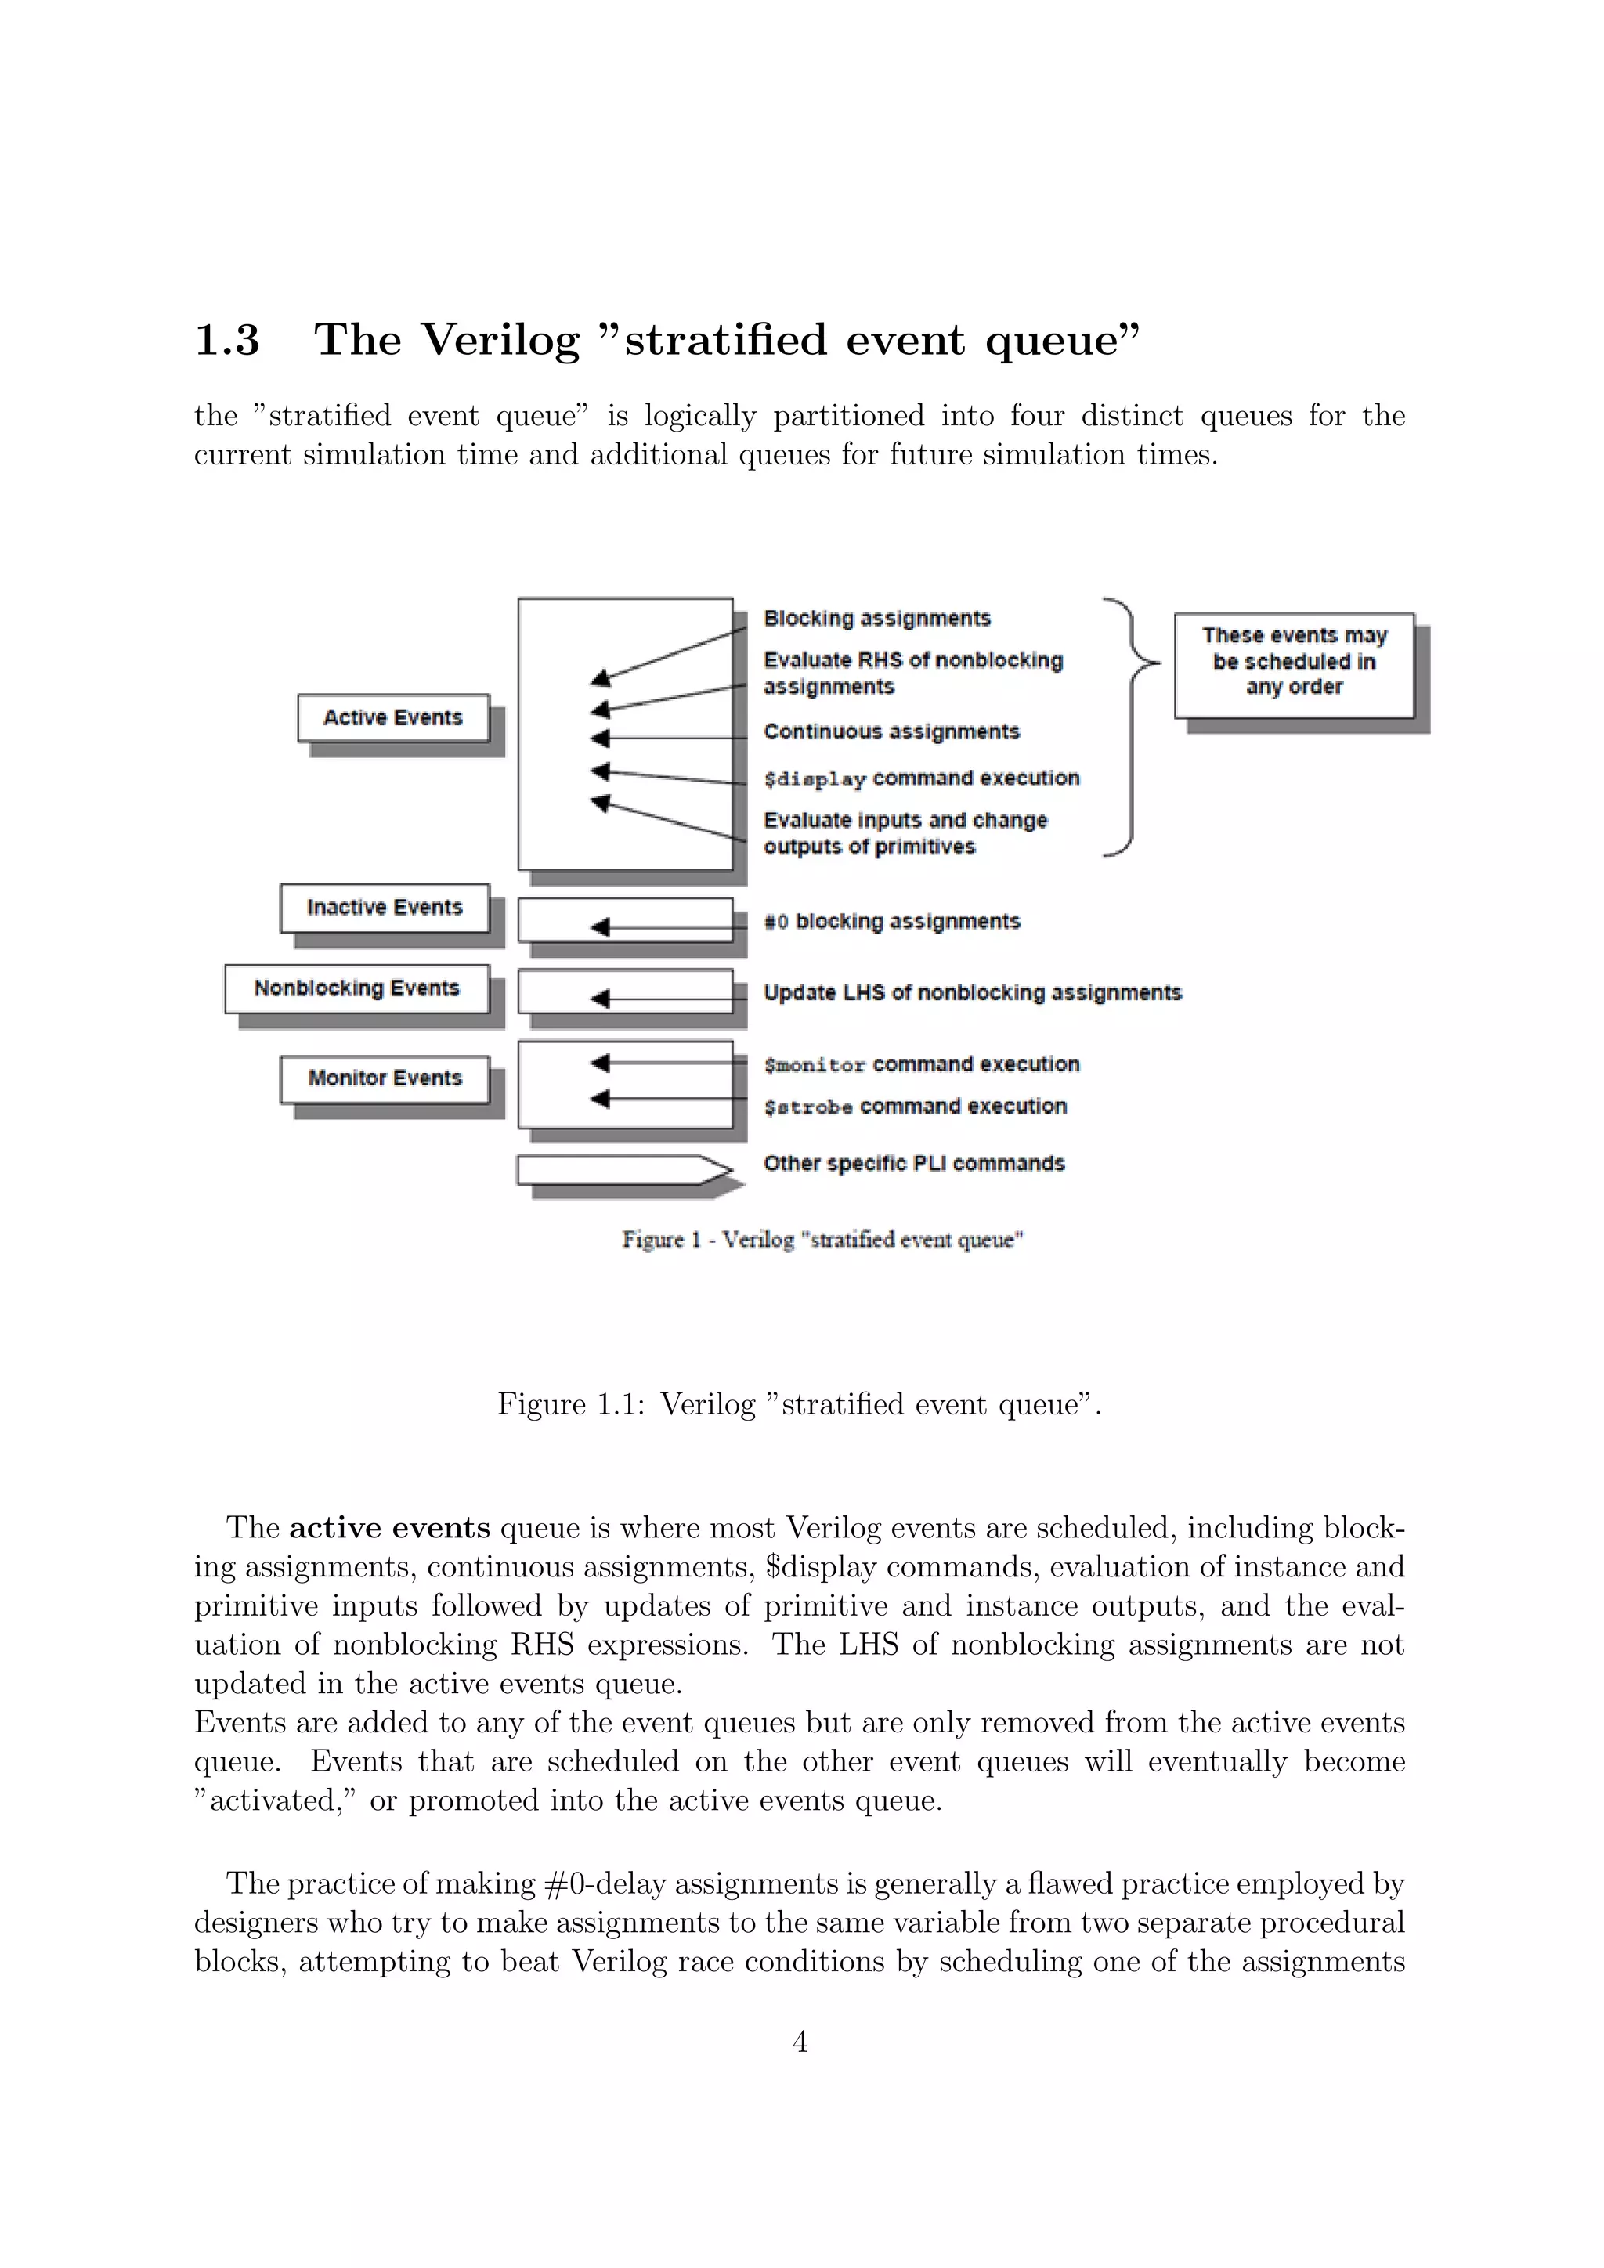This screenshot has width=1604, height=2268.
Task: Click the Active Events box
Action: coord(393,718)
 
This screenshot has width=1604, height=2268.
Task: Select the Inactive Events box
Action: coord(385,908)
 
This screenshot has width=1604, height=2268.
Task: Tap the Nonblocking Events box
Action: coord(356,989)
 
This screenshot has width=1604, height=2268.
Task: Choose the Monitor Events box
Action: coord(385,1078)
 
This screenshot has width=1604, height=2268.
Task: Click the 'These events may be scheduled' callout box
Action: coord(1294,665)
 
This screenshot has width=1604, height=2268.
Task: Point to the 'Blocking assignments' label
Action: coord(877,619)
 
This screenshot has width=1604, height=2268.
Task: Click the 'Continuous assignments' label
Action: coord(891,732)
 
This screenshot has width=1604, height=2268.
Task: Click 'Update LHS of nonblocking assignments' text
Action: coord(972,993)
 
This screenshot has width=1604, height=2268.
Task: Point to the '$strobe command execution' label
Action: coord(915,1107)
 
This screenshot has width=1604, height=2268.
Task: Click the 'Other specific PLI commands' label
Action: coord(914,1164)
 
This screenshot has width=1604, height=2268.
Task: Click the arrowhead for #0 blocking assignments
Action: coord(599,926)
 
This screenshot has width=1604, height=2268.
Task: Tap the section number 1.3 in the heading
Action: coord(227,340)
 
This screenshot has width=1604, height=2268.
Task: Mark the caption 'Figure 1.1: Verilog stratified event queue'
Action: coord(799,1403)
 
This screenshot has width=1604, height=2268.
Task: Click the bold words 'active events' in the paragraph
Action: coord(389,1528)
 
